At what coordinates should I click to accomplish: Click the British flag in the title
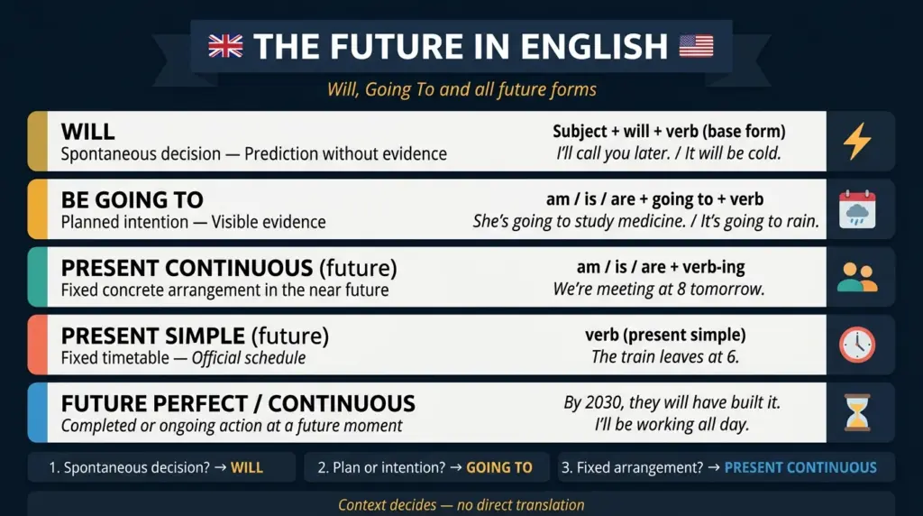(x=226, y=46)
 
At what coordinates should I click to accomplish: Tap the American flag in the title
(x=696, y=46)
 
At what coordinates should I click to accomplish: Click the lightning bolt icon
(x=856, y=142)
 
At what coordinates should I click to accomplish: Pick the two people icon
(x=856, y=277)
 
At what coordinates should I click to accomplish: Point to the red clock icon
(x=856, y=345)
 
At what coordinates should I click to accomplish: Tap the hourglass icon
(x=856, y=412)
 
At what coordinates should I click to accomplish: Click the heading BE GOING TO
(x=132, y=199)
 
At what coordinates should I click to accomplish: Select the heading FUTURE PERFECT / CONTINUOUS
(x=238, y=403)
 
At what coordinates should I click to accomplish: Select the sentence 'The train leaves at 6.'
(x=665, y=357)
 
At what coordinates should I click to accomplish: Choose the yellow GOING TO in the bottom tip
(x=498, y=467)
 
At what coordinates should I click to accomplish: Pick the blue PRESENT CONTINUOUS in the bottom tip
(x=800, y=467)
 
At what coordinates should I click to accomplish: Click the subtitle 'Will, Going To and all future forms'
(x=461, y=90)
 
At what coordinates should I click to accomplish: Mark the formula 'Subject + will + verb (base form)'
(x=669, y=132)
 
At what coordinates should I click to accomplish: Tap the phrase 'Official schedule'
(x=251, y=358)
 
